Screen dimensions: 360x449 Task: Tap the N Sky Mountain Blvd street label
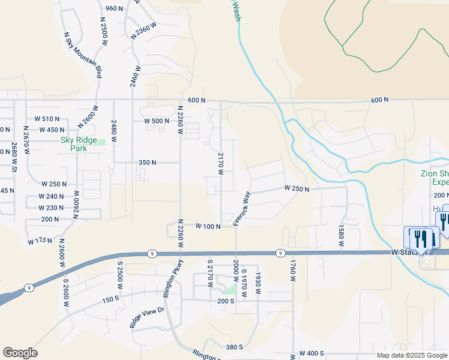tap(82, 55)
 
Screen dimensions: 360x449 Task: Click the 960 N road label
tap(113, 8)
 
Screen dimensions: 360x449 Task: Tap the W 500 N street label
tap(156, 121)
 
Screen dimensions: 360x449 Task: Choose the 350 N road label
tap(147, 163)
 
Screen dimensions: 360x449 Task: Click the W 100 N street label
tap(208, 226)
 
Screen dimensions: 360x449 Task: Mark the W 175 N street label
tap(40, 241)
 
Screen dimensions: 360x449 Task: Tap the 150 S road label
tap(111, 299)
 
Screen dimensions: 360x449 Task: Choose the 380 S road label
tap(234, 347)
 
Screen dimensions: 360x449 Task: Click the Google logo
tap(20, 353)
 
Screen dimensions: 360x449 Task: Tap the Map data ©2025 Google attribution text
tap(412, 355)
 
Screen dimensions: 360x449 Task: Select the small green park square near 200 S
tap(230, 289)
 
